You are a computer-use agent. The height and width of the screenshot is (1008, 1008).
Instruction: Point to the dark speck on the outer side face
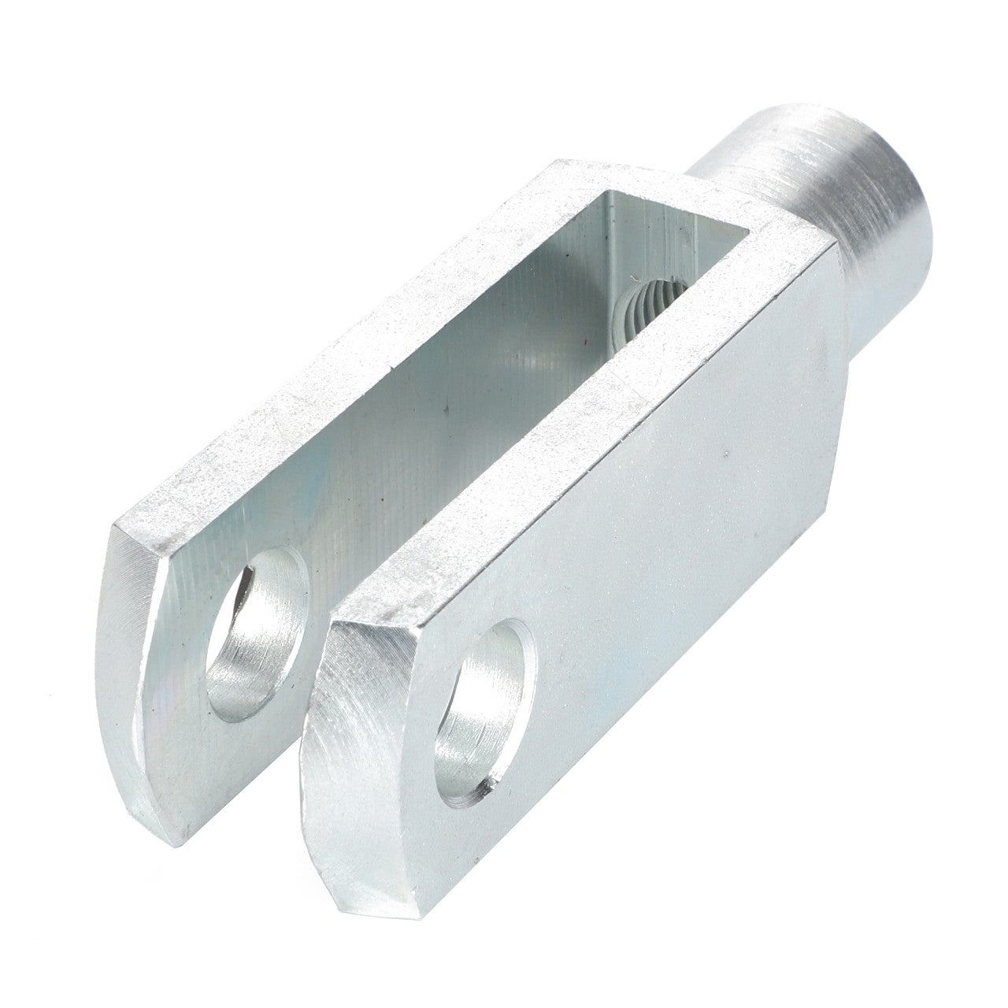[x=725, y=454]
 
